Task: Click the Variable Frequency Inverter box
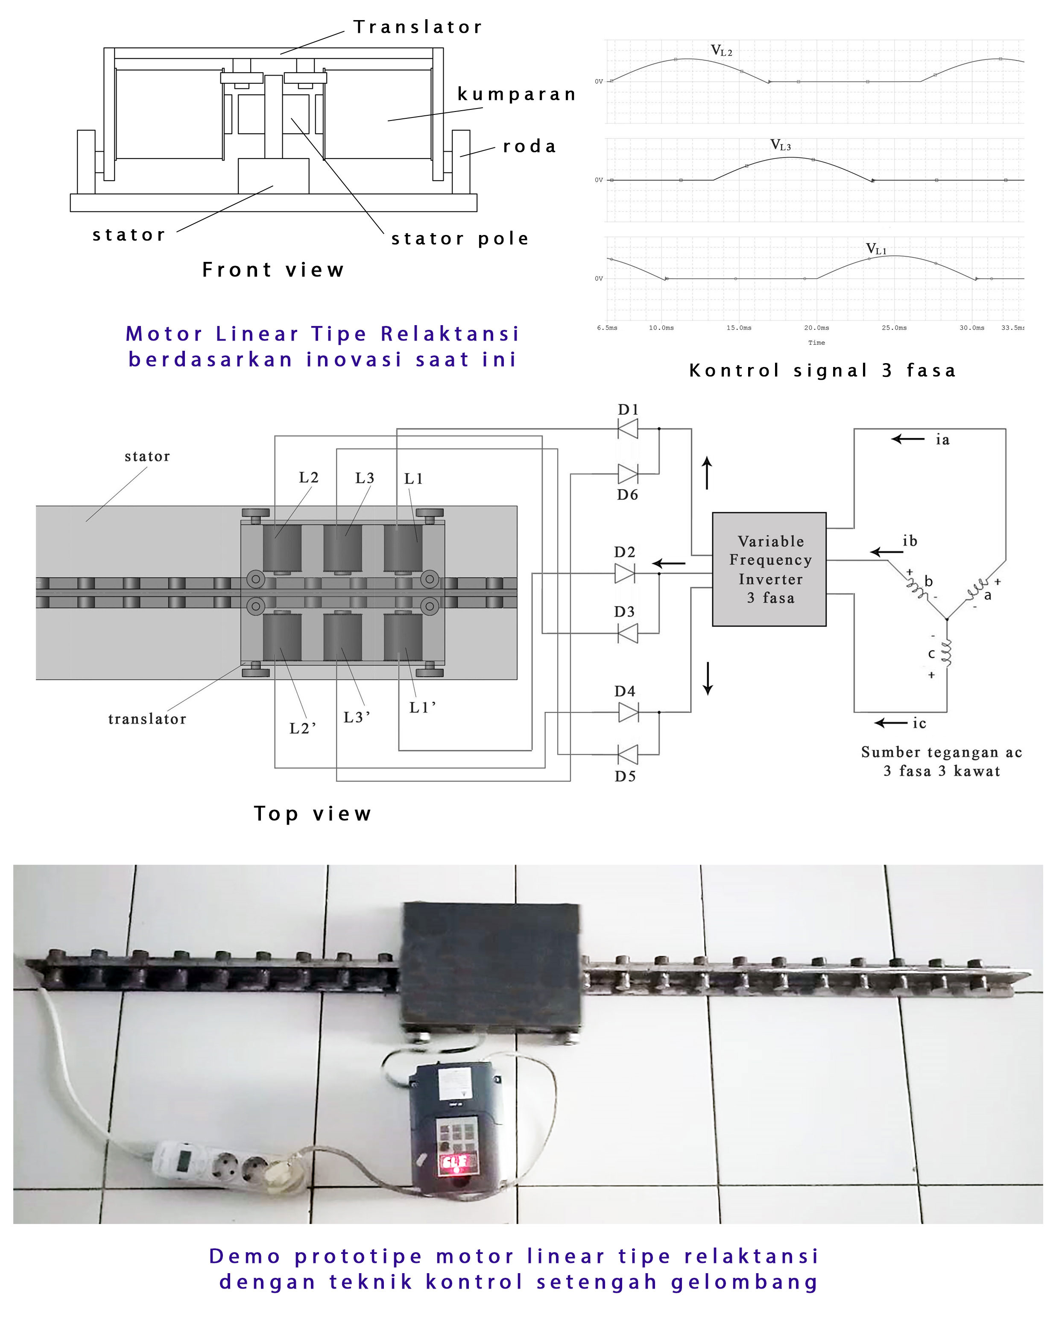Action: pyautogui.click(x=769, y=569)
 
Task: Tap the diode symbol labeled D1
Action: pyautogui.click(x=627, y=428)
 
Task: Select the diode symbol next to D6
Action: pyautogui.click(x=627, y=473)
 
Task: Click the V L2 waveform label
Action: pyautogui.click(x=721, y=51)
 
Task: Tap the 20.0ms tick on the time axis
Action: pyautogui.click(x=816, y=328)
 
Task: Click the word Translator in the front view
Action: pyautogui.click(x=418, y=27)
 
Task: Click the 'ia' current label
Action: pyautogui.click(x=942, y=440)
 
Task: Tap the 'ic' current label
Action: pyautogui.click(x=919, y=723)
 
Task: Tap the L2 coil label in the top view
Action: pyautogui.click(x=309, y=478)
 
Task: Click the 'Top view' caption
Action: pyautogui.click(x=313, y=814)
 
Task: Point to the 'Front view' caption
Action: pyautogui.click(x=273, y=270)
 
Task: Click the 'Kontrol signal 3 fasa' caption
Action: pyautogui.click(x=822, y=370)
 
